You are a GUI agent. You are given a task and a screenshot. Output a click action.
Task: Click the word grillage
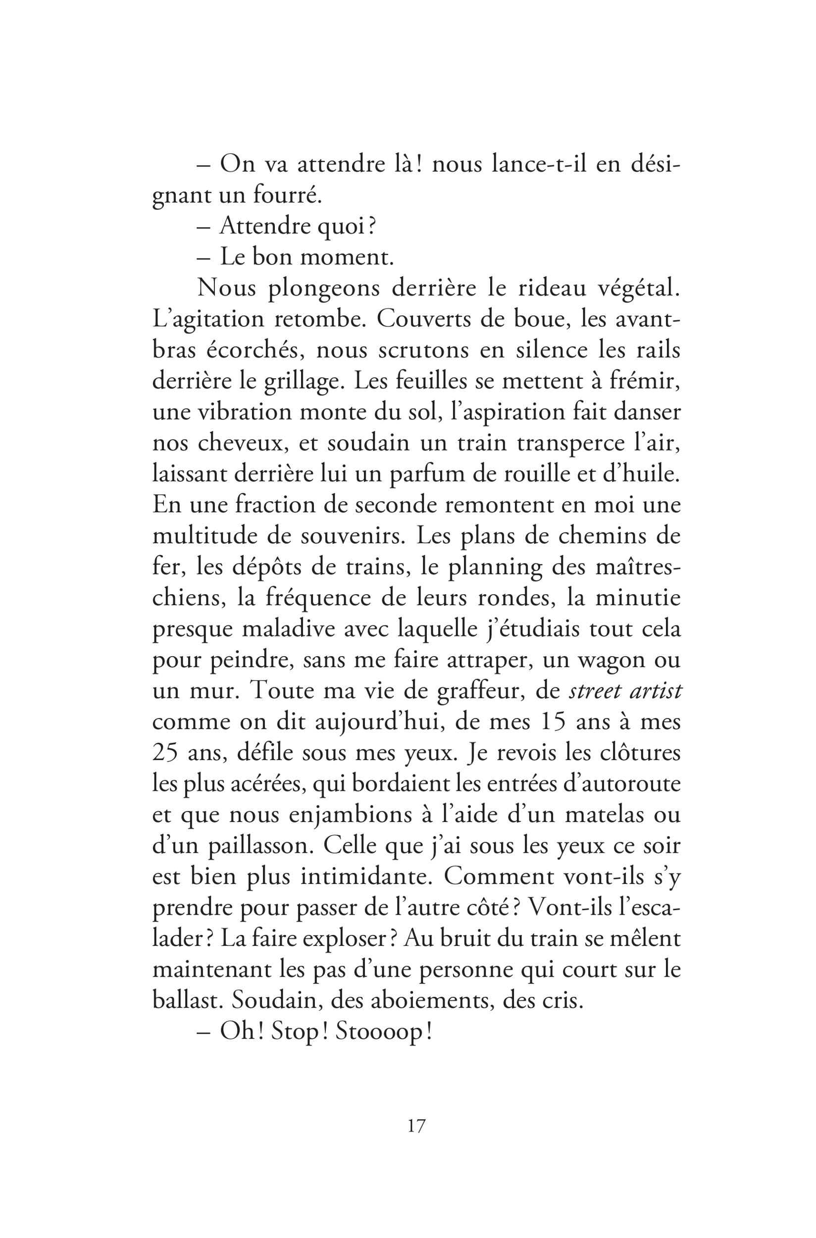point(292,382)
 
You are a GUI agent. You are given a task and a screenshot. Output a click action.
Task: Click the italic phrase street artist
point(624,692)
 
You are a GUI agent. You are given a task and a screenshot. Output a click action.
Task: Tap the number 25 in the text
point(165,754)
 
